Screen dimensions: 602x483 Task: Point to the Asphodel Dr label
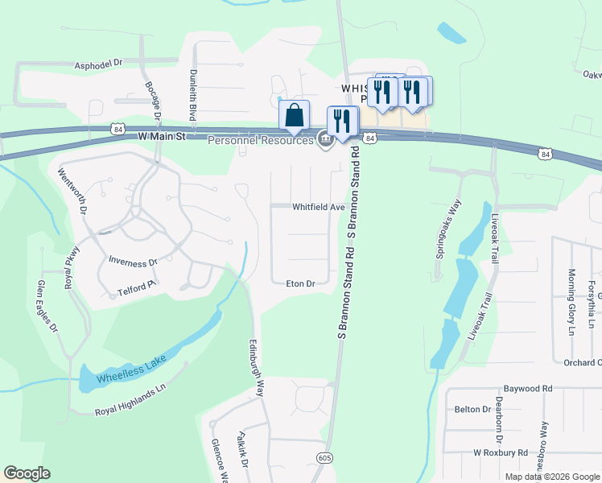pos(97,62)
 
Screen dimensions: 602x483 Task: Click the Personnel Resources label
pos(260,141)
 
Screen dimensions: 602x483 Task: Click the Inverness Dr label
pos(133,262)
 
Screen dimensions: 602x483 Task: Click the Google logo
pos(27,473)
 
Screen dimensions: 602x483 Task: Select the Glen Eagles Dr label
pos(45,307)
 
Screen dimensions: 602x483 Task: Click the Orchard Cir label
pos(581,363)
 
